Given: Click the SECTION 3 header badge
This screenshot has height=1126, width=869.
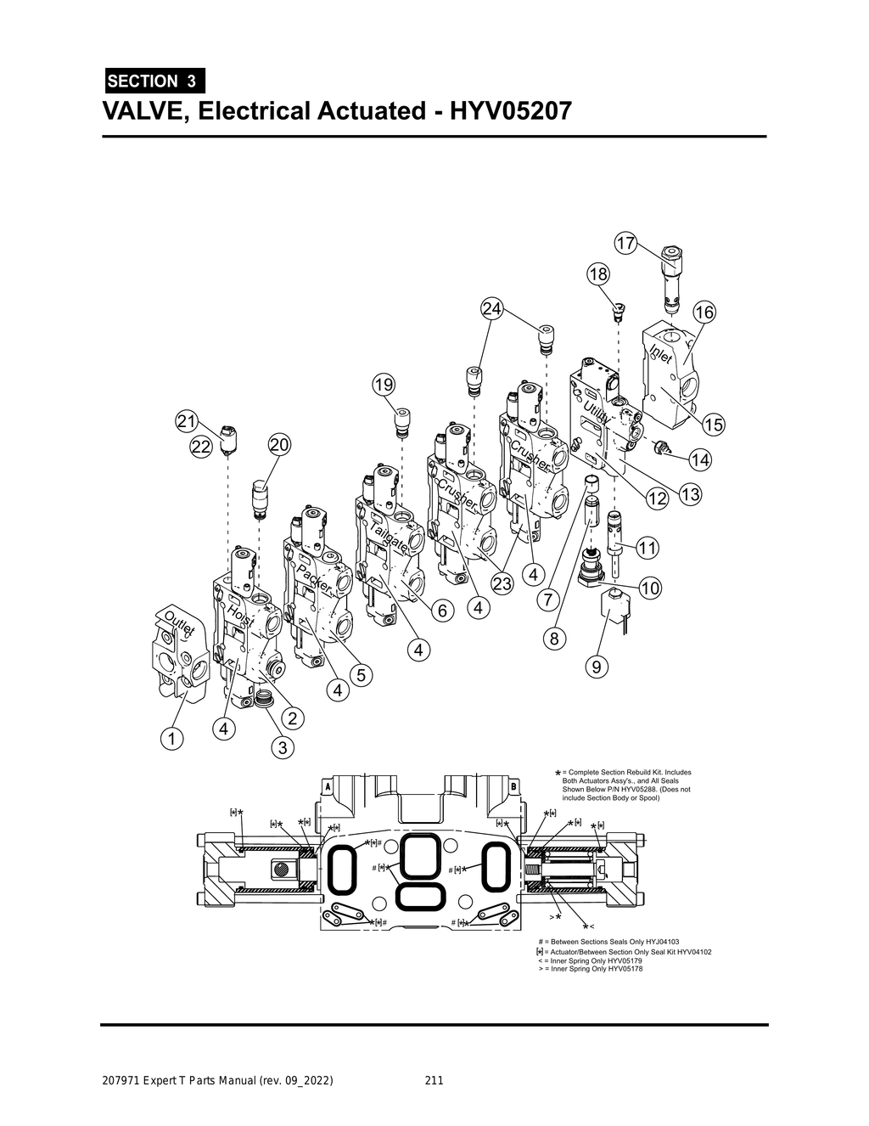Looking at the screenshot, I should (154, 82).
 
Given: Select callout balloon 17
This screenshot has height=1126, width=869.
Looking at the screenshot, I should (625, 244).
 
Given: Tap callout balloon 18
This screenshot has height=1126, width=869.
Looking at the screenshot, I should (597, 273).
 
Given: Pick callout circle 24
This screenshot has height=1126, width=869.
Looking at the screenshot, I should (492, 308).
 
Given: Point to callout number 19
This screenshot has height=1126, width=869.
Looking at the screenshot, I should (384, 385).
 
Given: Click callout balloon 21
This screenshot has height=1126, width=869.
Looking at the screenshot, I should (187, 420).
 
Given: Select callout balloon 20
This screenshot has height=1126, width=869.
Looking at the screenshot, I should (279, 444).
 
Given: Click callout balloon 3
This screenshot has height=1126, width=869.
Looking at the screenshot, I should (282, 747).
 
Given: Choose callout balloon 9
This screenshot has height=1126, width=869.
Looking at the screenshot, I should (597, 667).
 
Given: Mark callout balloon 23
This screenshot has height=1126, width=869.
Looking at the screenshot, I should (503, 583).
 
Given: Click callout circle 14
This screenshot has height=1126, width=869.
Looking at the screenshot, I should (700, 459).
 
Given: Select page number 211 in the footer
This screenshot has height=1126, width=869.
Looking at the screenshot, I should (434, 1081).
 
